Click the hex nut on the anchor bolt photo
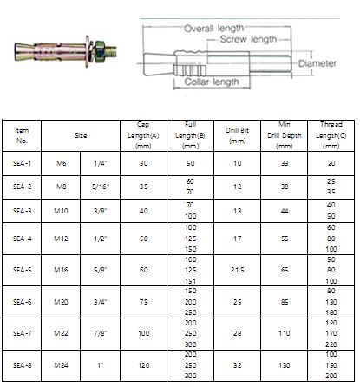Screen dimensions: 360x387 (100, 51)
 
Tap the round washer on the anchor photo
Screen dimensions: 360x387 (88, 51)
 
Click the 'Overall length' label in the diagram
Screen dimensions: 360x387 (214, 29)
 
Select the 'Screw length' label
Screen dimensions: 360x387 (248, 39)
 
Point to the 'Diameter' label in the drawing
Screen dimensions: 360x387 (317, 63)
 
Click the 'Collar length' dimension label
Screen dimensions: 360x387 (212, 82)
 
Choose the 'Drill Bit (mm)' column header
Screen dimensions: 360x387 (237, 135)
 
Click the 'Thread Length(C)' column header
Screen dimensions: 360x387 (331, 135)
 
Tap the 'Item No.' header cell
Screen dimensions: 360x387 (22, 135)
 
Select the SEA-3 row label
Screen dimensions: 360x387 (22, 211)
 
